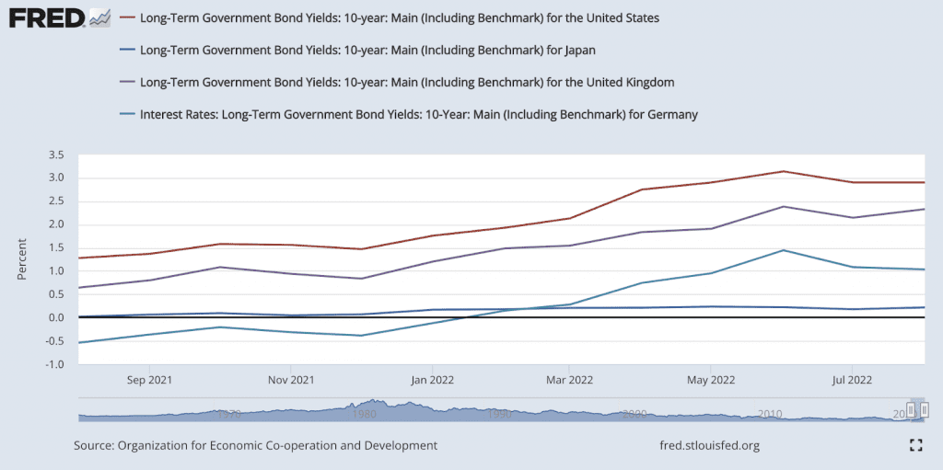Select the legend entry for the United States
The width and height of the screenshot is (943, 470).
[x=399, y=17]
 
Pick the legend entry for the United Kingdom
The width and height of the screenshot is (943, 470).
[x=407, y=82]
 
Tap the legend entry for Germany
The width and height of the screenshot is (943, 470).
[x=418, y=115]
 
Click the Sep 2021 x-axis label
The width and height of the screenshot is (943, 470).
[x=149, y=379]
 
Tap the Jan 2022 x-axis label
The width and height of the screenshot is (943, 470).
[x=429, y=379]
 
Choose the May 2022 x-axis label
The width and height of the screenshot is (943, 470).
[x=710, y=379]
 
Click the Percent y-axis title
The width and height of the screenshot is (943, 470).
[x=22, y=259]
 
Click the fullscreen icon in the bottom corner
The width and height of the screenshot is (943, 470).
[x=915, y=445]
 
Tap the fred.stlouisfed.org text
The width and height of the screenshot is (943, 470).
[x=710, y=445]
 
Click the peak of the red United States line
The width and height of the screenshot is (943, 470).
[x=782, y=171]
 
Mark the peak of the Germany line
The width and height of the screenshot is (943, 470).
[x=782, y=250]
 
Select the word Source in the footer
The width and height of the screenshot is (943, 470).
[x=93, y=445]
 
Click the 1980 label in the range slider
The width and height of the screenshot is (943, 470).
[x=364, y=414]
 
